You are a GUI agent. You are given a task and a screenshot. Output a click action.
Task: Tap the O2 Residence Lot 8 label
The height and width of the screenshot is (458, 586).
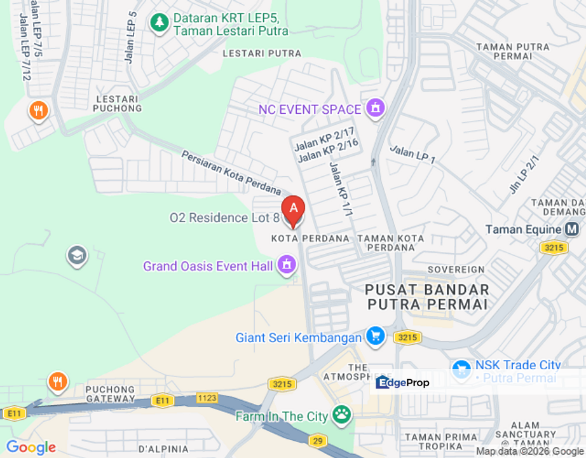[x=224, y=218]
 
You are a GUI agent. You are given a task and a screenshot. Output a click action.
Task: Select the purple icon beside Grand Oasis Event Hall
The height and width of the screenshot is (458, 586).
[x=287, y=265]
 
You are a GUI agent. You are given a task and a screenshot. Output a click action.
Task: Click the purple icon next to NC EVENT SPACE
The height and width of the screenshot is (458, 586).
[x=376, y=109]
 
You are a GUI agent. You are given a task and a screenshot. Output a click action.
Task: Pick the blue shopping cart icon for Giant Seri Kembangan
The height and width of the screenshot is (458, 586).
[x=375, y=337]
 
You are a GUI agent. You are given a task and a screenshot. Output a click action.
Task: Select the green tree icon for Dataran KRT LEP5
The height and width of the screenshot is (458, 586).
[x=159, y=24]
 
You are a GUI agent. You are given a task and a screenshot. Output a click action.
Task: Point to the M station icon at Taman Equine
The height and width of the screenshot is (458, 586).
[x=572, y=229]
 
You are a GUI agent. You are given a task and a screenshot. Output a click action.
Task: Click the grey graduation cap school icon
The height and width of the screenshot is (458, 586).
[x=77, y=256]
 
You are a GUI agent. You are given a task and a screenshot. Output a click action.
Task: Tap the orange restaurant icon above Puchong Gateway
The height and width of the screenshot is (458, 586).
[x=58, y=382]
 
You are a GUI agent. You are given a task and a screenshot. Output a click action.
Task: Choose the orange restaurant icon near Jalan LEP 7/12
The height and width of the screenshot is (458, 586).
[x=38, y=111]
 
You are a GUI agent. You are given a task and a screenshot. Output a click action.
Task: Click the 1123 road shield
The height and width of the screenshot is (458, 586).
[x=207, y=398]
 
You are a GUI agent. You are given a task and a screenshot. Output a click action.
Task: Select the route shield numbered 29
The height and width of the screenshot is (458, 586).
[x=317, y=440]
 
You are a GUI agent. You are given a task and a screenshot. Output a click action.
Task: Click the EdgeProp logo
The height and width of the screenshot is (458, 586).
[x=403, y=382]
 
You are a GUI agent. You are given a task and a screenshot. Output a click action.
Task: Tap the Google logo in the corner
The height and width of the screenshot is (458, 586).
[x=31, y=447]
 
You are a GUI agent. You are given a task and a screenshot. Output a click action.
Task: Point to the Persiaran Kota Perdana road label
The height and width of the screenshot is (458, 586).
[x=231, y=172]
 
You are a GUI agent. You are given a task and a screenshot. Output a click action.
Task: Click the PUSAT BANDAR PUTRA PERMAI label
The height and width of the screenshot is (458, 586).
[x=427, y=297]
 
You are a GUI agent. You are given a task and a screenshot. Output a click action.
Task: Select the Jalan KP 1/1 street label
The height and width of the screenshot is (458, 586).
[x=341, y=189]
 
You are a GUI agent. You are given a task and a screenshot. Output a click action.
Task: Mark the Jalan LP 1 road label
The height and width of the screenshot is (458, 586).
[x=412, y=155]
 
